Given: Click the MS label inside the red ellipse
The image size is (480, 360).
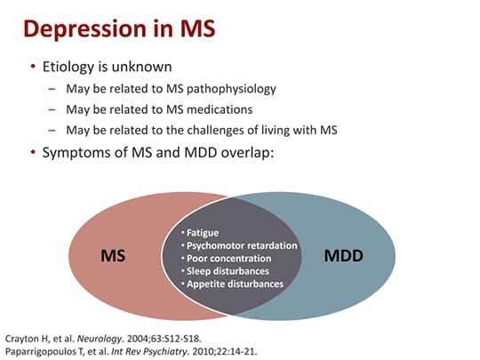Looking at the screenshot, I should pyautogui.click(x=113, y=255).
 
